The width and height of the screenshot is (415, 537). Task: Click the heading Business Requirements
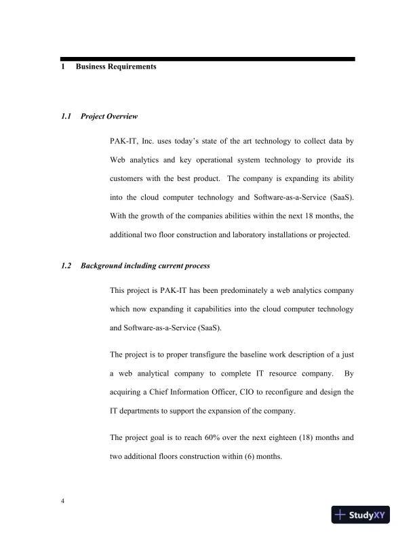(x=116, y=67)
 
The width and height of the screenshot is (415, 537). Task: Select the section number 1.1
(x=66, y=117)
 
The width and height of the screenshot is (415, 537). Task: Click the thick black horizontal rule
(x=207, y=59)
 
